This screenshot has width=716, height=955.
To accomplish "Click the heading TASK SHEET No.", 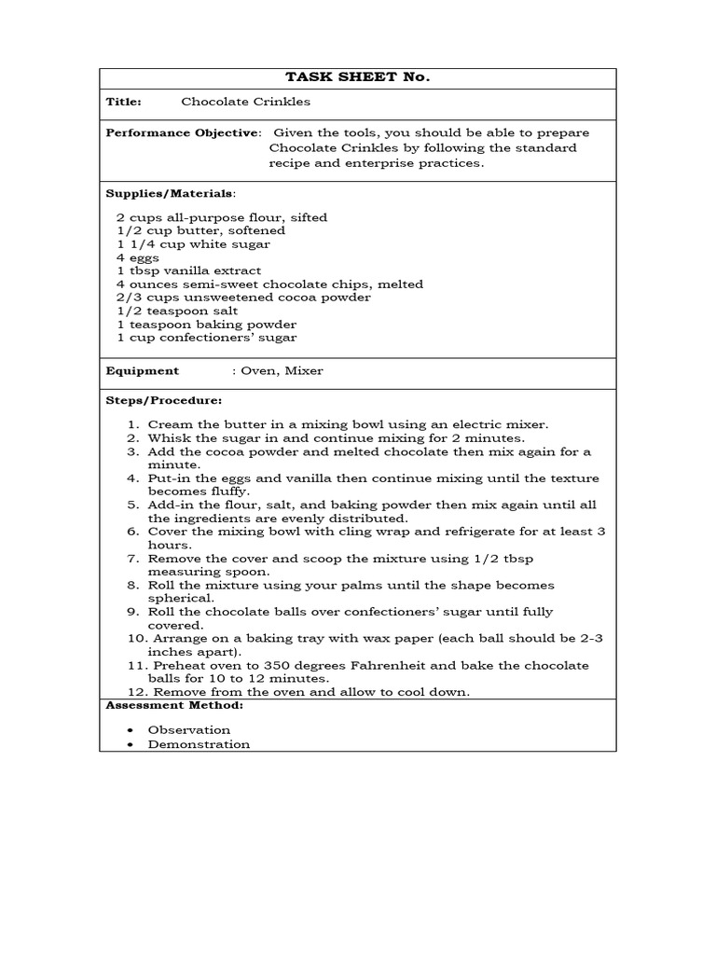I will click(x=357, y=78).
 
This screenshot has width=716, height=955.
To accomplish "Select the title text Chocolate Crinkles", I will click(x=245, y=102).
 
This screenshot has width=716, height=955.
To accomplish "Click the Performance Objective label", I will click(x=182, y=133).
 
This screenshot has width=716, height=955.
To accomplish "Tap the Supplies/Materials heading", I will click(x=170, y=194).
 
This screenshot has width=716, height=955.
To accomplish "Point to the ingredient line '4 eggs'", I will click(x=138, y=257).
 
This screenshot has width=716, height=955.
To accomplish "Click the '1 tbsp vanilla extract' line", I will click(x=188, y=270).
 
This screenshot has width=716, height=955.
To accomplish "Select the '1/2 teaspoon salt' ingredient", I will click(x=177, y=311).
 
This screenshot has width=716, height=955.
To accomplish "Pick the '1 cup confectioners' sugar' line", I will click(x=206, y=338).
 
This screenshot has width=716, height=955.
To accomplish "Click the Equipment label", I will click(x=142, y=371).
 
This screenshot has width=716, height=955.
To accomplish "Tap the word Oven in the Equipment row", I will click(x=256, y=371).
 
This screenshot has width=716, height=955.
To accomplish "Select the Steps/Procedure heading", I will click(x=163, y=400).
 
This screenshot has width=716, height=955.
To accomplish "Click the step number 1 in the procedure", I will click(x=133, y=424).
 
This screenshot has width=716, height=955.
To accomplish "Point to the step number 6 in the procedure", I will click(x=133, y=532).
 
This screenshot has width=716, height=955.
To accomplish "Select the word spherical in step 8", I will click(x=181, y=599).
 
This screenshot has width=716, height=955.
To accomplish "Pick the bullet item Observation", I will click(x=189, y=730).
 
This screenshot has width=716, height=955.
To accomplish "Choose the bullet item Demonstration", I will click(x=199, y=744).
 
